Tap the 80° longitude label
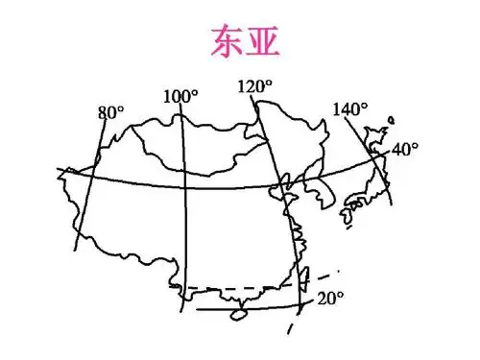click(110, 112)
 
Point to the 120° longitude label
click(254, 87)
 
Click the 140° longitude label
click(349, 108)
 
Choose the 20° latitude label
click(329, 298)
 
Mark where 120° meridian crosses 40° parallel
click(275, 184)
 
